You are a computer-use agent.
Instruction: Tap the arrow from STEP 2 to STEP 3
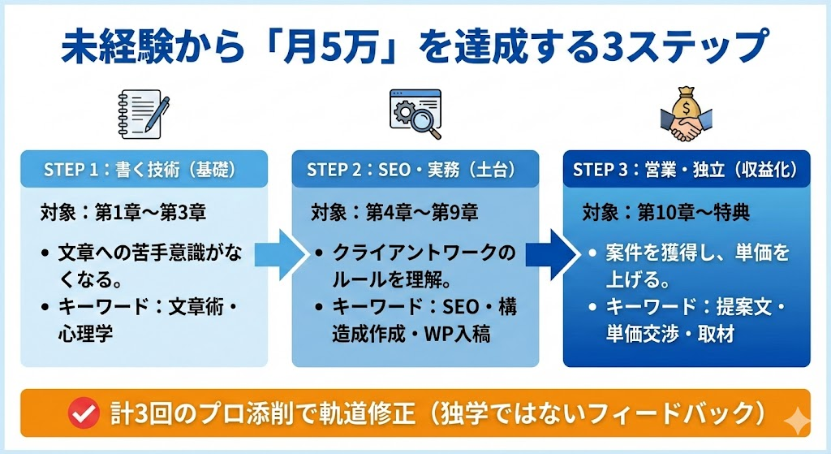[549, 253]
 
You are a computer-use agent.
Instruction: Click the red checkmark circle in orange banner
[83, 413]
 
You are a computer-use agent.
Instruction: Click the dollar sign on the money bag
[687, 104]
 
